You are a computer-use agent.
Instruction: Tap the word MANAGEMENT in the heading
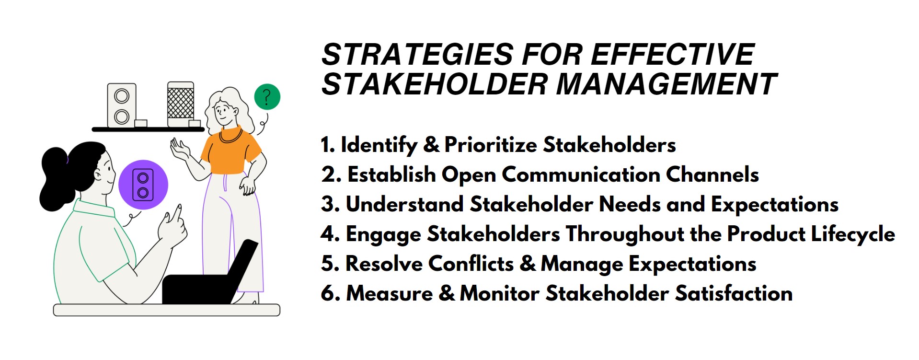point(666,84)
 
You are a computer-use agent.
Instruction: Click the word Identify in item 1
point(379,145)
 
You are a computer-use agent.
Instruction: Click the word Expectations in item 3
point(774,205)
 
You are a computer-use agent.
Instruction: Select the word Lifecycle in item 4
point(852,234)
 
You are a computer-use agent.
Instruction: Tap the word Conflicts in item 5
point(471,264)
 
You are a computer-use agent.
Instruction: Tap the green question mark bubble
point(267,97)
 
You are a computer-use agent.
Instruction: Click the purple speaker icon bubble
point(143,185)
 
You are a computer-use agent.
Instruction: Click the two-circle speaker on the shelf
point(122,105)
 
